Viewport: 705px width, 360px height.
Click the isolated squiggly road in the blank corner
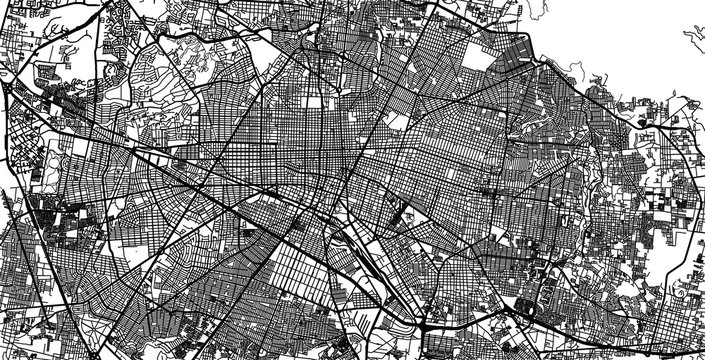[x=693, y=40]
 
